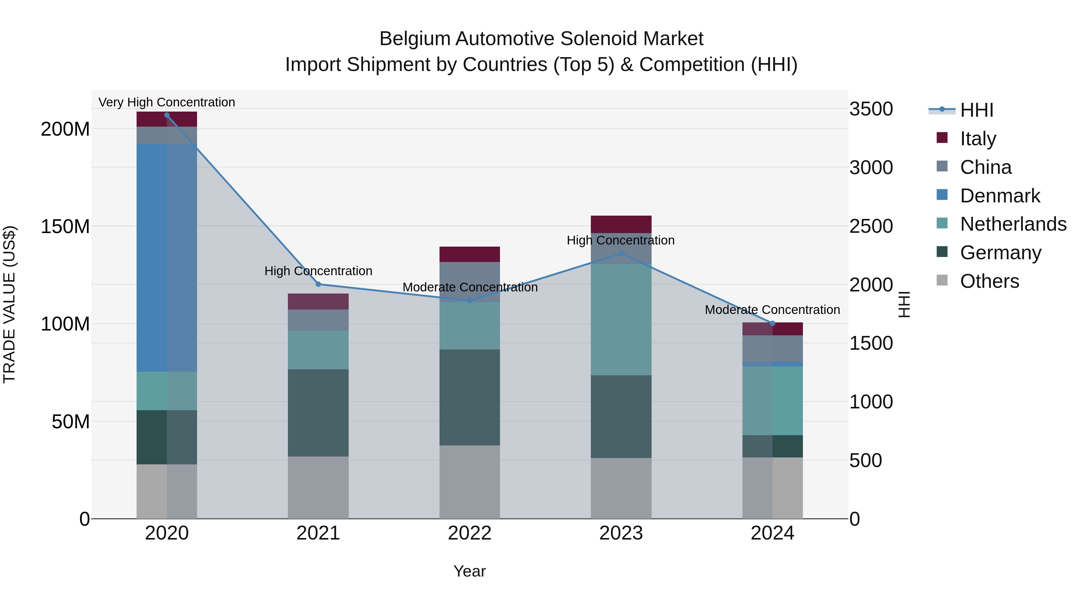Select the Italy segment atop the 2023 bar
pos(621,224)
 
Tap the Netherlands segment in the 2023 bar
pos(621,319)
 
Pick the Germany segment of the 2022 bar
pos(469,397)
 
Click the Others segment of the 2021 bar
pos(318,487)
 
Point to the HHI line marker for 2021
pos(318,284)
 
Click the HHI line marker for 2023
pos(621,254)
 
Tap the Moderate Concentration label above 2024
pos(772,310)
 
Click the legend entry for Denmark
pos(999,196)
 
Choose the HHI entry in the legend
pos(976,110)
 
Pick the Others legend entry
pos(989,281)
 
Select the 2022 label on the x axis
pos(469,533)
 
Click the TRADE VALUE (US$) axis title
pos(9,304)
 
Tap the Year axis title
pos(469,571)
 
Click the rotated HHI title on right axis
pos(904,304)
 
